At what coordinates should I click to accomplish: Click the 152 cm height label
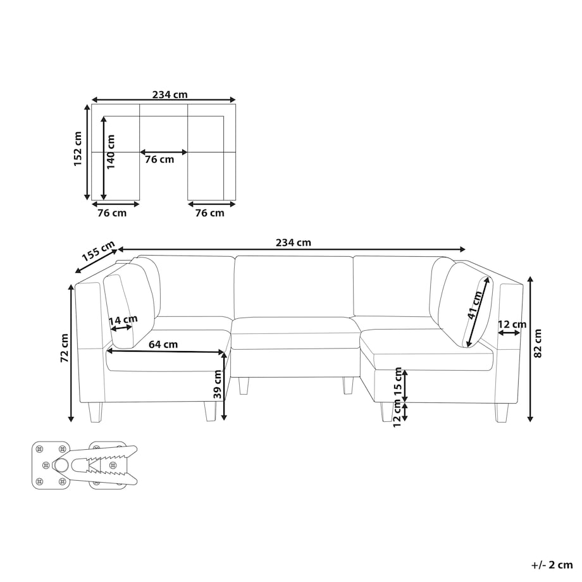(78, 149)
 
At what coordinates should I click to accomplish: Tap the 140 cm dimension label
(111, 151)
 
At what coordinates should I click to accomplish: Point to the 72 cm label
(65, 348)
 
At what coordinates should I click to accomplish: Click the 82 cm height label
(538, 344)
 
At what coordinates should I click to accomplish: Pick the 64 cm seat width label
(163, 344)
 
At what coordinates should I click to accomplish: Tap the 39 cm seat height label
(218, 384)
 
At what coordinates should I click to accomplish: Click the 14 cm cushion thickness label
(123, 319)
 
